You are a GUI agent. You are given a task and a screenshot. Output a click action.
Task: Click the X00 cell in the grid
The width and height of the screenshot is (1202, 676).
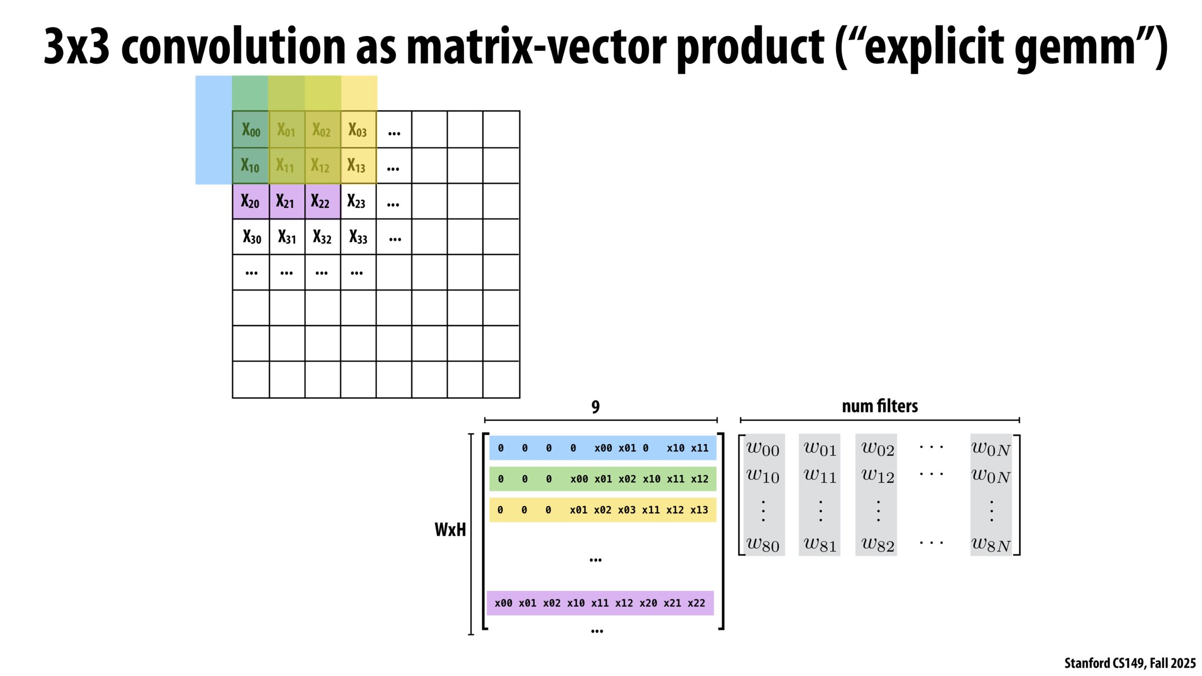(x=251, y=130)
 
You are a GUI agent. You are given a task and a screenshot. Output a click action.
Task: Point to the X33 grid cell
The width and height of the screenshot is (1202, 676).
(x=358, y=237)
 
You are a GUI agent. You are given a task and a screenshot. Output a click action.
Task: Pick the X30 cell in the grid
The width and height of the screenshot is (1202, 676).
(x=252, y=237)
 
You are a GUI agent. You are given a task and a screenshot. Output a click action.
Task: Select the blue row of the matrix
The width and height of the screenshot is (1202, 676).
(x=602, y=448)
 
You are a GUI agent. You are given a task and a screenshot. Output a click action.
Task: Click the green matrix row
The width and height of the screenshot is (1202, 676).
(x=602, y=479)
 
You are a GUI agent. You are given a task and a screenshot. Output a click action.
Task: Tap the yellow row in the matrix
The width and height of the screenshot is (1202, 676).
(x=602, y=510)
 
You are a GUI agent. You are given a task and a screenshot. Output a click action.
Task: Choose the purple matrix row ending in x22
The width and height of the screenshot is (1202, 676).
(x=600, y=603)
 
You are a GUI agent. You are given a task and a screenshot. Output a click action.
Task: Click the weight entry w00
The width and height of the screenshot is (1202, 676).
(x=763, y=448)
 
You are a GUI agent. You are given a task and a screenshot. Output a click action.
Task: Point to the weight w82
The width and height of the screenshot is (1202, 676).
(x=877, y=544)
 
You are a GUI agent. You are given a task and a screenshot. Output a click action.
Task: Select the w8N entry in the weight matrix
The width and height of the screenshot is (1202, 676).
(x=991, y=544)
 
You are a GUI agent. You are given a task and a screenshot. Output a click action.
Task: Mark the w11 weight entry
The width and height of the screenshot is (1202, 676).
(x=820, y=476)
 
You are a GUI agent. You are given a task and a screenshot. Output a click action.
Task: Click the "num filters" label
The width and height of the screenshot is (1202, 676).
(x=880, y=406)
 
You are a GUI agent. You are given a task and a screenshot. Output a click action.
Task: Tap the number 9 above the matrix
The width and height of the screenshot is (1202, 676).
(x=596, y=407)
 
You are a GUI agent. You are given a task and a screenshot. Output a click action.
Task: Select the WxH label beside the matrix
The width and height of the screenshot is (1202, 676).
(x=450, y=530)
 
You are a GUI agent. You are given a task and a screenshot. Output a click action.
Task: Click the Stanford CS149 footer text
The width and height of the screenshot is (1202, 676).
(x=1129, y=663)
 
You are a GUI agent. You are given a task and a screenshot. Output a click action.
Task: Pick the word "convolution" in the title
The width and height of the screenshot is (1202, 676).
(x=233, y=46)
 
